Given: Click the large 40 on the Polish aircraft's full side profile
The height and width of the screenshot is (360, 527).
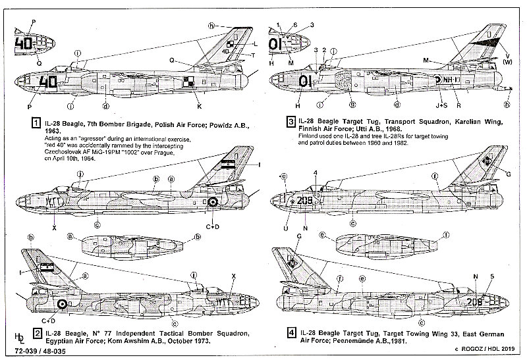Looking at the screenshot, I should [x=47, y=82].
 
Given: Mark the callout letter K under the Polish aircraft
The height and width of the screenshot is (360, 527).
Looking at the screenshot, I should [x=200, y=105].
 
